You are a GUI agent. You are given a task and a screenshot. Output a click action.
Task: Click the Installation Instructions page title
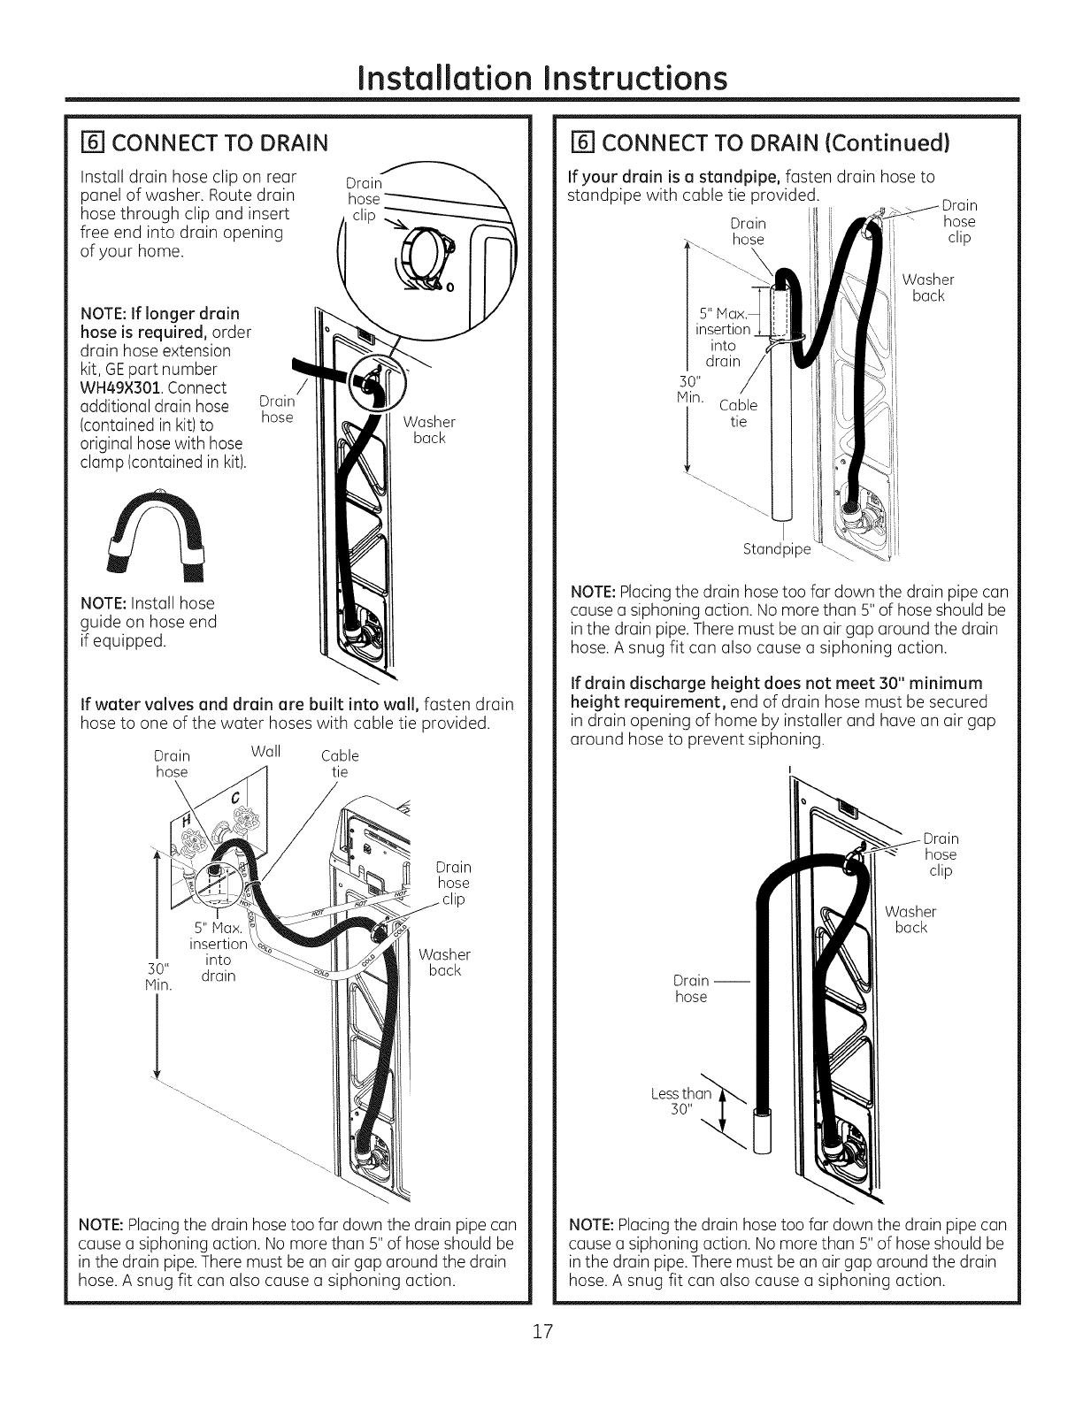541,77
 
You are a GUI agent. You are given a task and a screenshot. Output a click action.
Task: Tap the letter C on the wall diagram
234,800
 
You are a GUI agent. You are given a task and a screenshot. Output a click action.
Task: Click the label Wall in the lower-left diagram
266,752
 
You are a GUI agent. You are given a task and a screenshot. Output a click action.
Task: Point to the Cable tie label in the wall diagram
340,763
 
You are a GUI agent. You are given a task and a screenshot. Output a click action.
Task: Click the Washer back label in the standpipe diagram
927,287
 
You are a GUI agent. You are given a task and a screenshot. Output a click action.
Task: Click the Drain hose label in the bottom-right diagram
691,988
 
